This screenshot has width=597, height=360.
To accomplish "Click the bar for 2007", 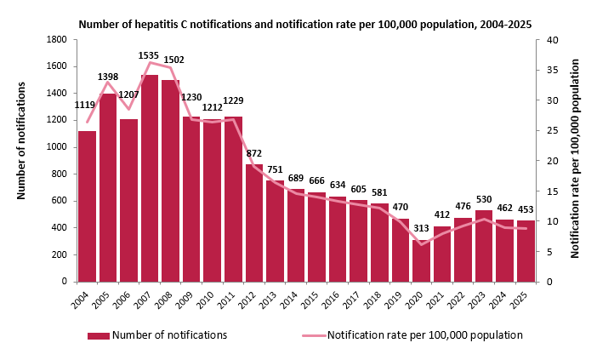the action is coord(150,178).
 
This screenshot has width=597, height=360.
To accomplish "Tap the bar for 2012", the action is coord(254,223).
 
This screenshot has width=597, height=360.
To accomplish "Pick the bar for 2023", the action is coord(484,246).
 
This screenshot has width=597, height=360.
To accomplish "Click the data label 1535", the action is coord(149,55).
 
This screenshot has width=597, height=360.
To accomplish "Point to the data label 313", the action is coord(421,228).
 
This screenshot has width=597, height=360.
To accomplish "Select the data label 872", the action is coord(254,153).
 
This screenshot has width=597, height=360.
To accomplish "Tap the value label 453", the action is coord(526,209).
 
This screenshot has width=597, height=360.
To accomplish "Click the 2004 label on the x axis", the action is coord(80,300).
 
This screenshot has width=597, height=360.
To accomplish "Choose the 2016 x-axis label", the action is coord(330,300).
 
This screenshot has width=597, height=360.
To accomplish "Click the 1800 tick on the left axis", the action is coord(57,40).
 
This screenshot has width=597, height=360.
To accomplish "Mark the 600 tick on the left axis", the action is coord(60,201).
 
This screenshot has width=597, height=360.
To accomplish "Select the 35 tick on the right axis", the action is coord(553,70).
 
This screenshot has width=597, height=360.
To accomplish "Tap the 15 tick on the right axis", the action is coord(553,191).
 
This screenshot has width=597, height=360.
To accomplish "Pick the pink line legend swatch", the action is coord(315,335).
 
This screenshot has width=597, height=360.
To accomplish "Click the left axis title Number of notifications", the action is coord(21,140).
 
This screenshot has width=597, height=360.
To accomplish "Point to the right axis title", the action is coord(575,158).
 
